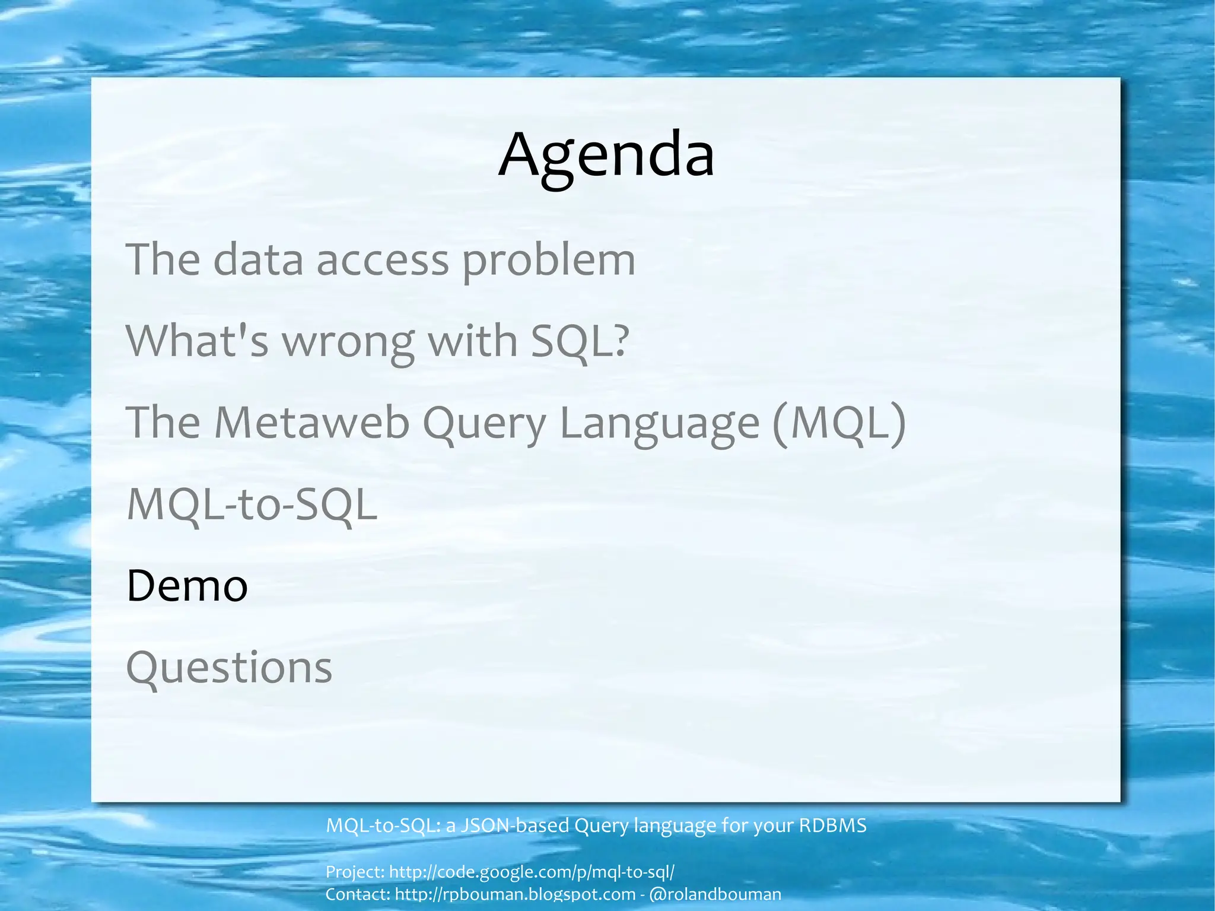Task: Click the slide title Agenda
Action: (x=606, y=155)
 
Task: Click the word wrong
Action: (x=348, y=343)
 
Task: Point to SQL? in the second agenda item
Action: (x=579, y=342)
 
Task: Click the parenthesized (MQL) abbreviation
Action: (x=839, y=423)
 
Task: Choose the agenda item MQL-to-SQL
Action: (x=252, y=504)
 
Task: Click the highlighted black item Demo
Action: (x=187, y=586)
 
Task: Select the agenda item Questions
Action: (x=229, y=668)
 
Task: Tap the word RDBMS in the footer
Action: (x=832, y=826)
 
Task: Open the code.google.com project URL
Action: (x=532, y=872)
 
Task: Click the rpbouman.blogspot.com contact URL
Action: (x=515, y=894)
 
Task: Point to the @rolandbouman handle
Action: (x=715, y=894)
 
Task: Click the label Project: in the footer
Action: (x=355, y=872)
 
